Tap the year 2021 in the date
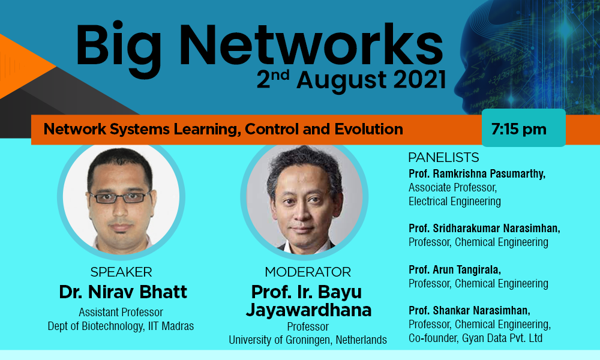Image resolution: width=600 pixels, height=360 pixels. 420,80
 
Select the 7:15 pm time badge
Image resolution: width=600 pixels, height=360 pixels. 523,128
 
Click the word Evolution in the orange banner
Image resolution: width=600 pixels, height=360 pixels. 369,130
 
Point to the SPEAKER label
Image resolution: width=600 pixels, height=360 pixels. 121,272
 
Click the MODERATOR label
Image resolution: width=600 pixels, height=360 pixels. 308,272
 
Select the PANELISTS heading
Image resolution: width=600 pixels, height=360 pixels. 443,157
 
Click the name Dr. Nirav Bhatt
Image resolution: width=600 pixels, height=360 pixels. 123,292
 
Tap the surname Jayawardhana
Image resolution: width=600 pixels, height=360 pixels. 308,310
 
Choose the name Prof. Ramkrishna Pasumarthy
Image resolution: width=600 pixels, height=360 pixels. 477,173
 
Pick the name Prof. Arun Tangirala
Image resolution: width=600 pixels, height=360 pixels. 455,270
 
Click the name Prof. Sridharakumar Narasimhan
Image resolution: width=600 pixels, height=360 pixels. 484,229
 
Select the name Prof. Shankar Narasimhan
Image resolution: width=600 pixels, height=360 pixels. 470,310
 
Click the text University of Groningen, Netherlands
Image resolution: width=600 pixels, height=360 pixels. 308,340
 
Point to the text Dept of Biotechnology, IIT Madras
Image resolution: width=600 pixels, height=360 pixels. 121,326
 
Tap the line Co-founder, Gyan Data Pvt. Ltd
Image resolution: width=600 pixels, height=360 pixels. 476,338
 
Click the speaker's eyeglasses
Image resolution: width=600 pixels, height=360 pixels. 120,197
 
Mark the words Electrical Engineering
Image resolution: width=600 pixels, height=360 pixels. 455,201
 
